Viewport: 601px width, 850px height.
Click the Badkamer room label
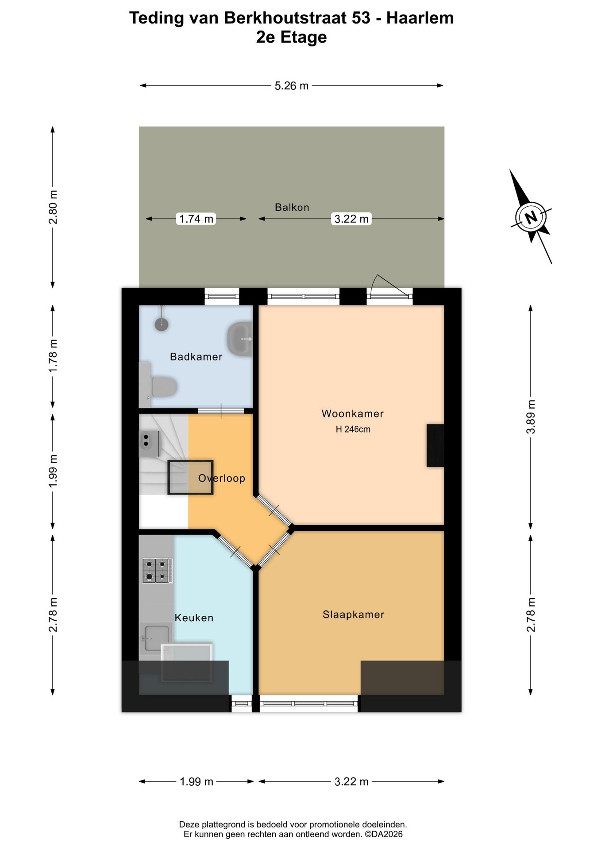pyautogui.click(x=196, y=356)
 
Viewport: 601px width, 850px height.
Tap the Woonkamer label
pyautogui.click(x=353, y=413)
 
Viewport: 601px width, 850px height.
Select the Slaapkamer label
pyautogui.click(x=354, y=614)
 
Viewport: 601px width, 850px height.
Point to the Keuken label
pyautogui.click(x=194, y=618)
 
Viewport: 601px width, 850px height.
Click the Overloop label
pyautogui.click(x=222, y=478)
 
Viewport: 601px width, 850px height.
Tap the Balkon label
pyautogui.click(x=292, y=207)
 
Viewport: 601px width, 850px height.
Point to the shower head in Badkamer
pyautogui.click(x=162, y=324)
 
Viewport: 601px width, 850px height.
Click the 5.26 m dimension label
pyautogui.click(x=292, y=86)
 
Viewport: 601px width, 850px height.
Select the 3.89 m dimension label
pyautogui.click(x=531, y=417)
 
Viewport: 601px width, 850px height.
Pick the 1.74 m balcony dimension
pyautogui.click(x=196, y=219)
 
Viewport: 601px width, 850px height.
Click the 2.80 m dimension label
pyautogui.click(x=53, y=207)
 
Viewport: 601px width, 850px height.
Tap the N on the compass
pyautogui.click(x=531, y=217)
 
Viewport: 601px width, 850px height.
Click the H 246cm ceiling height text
pyautogui.click(x=353, y=429)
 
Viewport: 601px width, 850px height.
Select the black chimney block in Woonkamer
pyautogui.click(x=435, y=445)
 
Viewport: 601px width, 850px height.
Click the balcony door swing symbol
pyautogui.click(x=390, y=286)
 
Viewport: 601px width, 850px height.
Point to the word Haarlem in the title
pyautogui.click(x=420, y=18)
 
